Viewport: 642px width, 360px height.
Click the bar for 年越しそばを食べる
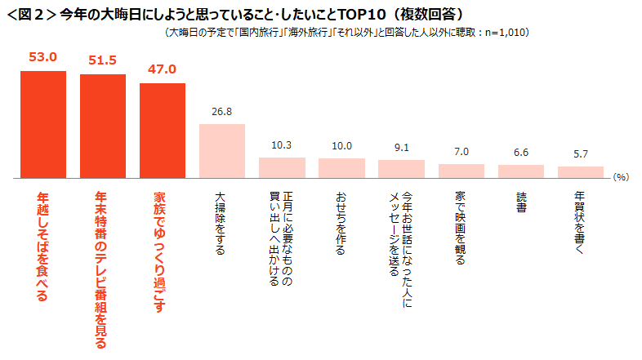pos(42,124)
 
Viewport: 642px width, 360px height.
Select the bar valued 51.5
pos(102,126)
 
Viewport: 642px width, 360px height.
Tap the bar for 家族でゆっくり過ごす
pos(162,131)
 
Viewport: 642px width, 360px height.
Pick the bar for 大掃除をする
pos(222,151)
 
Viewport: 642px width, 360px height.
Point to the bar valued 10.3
pos(282,167)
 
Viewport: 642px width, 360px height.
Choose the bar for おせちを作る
pos(341,168)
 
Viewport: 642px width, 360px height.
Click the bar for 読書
pos(520,171)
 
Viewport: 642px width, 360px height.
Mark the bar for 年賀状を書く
pos(580,172)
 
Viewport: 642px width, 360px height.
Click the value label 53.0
pos(42,57)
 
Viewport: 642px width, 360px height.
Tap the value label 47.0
pos(162,69)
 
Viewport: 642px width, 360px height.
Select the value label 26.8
pos(222,112)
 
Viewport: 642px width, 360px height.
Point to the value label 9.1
pos(401,148)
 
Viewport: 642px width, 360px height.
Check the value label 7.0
pos(461,152)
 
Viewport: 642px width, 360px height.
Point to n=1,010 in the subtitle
pos(507,33)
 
